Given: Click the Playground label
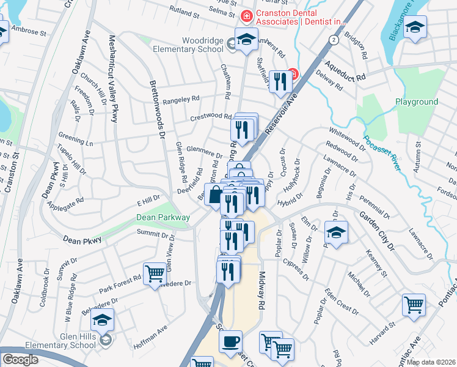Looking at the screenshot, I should (416, 102).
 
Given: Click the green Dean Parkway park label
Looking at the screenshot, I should (163, 217).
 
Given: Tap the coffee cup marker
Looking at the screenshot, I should (230, 343).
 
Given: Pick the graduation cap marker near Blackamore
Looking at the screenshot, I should (415, 28).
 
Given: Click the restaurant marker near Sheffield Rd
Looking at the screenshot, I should (280, 81).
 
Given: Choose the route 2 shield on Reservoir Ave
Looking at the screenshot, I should (333, 39).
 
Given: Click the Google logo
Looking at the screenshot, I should (20, 360).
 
